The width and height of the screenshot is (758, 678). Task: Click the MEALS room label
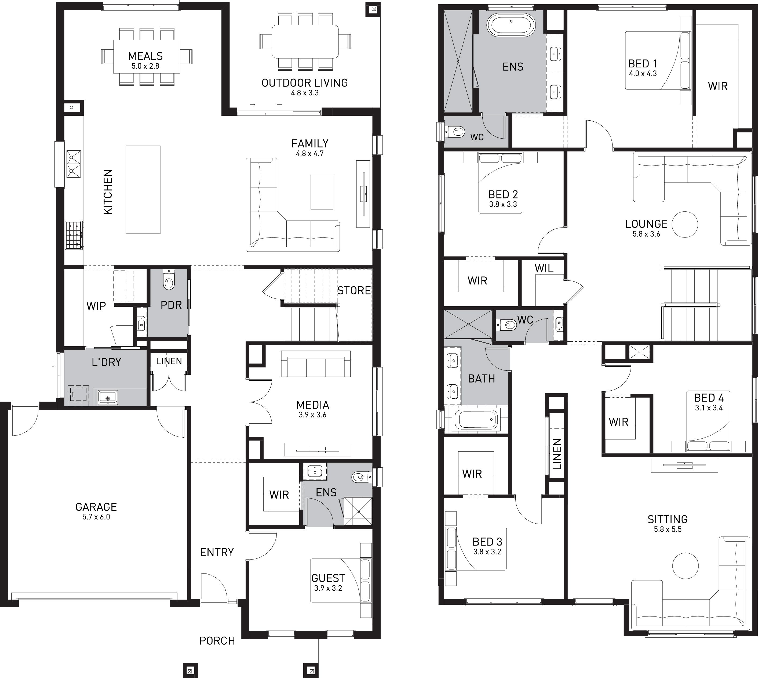coord(145,56)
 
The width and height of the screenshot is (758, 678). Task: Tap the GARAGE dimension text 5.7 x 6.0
coord(96,517)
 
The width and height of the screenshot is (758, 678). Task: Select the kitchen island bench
coord(143,190)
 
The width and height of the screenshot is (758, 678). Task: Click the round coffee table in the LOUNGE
coord(685,224)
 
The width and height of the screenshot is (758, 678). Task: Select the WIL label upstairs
coord(544,268)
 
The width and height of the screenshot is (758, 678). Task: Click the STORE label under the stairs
coord(354,291)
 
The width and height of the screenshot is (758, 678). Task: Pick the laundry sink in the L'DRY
coord(108,398)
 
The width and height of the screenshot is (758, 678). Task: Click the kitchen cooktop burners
coord(74,235)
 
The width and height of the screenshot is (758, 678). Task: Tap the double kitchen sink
coord(74,164)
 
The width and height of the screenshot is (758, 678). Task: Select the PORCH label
coord(217,641)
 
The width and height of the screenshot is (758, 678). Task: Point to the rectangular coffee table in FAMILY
coord(322,192)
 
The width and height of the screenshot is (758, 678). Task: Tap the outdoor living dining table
coord(305,41)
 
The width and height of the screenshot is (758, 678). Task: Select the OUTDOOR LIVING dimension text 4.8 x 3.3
coord(305,93)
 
